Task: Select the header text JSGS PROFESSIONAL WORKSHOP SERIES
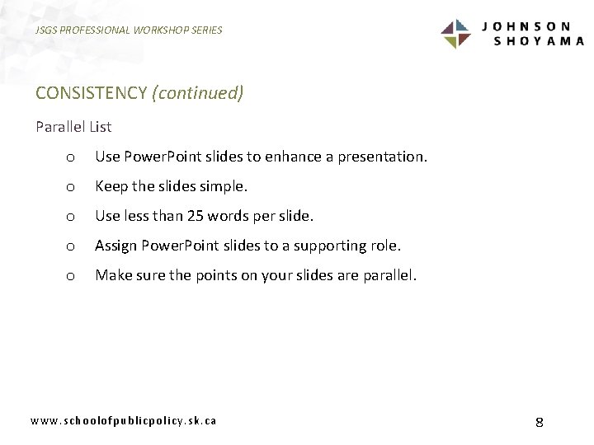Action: pyautogui.click(x=129, y=30)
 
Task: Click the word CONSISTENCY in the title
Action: pyautogui.click(x=91, y=92)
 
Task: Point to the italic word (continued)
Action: pyautogui.click(x=198, y=92)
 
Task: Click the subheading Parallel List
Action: pyautogui.click(x=73, y=127)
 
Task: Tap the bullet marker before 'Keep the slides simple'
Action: pyautogui.click(x=71, y=188)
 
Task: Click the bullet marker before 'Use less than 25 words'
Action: pyautogui.click(x=71, y=218)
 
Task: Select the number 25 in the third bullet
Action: pyautogui.click(x=195, y=216)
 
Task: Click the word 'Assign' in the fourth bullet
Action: pyautogui.click(x=116, y=246)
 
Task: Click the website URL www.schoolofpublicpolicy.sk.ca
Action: pyautogui.click(x=124, y=420)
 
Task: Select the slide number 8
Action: pyautogui.click(x=539, y=422)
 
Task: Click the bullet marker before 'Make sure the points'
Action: pyautogui.click(x=71, y=277)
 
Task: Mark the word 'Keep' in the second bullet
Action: pyautogui.click(x=111, y=186)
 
